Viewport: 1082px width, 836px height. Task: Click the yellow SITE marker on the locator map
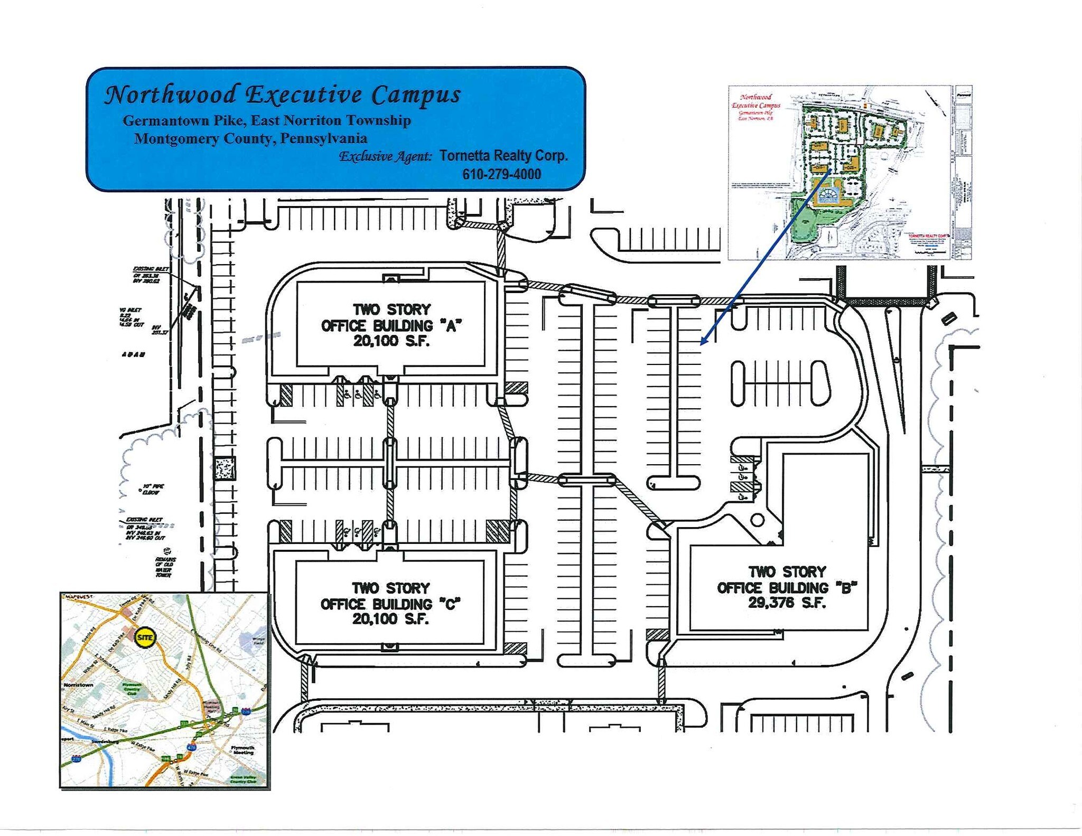click(x=144, y=637)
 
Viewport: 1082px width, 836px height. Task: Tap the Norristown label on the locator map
click(x=78, y=685)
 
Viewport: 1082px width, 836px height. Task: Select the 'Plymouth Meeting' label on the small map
click(x=243, y=749)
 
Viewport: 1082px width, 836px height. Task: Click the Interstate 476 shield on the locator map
click(x=191, y=747)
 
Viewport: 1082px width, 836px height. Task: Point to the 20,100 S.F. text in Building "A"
click(x=391, y=341)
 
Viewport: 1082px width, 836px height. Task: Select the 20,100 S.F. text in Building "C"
click(x=390, y=619)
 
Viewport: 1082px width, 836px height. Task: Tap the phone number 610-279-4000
click(x=501, y=174)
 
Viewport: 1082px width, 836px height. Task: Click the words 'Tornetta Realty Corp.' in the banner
click(x=503, y=156)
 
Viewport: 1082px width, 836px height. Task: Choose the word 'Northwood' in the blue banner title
click(x=170, y=95)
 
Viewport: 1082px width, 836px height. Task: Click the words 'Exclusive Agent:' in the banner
click(x=385, y=156)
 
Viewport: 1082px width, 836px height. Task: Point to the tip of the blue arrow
click(x=702, y=344)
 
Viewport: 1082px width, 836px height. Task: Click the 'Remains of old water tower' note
click(x=165, y=567)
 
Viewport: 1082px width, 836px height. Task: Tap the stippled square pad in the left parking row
click(x=225, y=468)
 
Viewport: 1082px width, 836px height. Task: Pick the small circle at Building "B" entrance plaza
click(x=757, y=520)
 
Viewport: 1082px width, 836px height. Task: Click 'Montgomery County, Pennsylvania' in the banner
click(x=250, y=138)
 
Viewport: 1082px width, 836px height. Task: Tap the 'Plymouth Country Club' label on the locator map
click(x=132, y=690)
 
